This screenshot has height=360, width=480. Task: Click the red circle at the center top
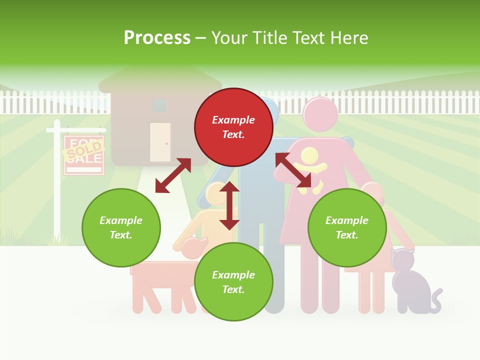(x=233, y=127)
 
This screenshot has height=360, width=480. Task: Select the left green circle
(x=121, y=227)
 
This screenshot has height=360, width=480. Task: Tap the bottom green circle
(x=233, y=282)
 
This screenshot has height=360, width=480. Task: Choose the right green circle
(x=347, y=227)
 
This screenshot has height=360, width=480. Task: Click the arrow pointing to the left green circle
(x=173, y=175)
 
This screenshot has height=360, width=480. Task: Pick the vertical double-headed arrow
(x=229, y=205)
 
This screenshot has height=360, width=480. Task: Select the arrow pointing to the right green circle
(x=293, y=170)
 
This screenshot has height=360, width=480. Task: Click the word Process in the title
(x=157, y=38)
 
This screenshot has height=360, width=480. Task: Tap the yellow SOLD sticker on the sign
(x=83, y=149)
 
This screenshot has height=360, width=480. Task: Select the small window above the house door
(x=160, y=105)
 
